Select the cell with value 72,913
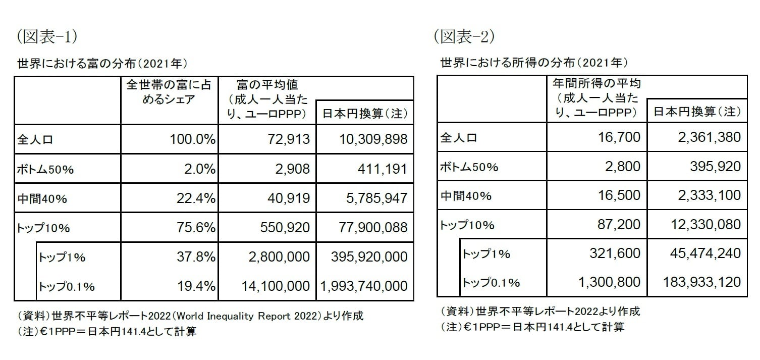point(287,139)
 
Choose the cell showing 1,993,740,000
point(364,286)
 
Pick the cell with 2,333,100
point(708,195)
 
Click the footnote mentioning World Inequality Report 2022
point(190,316)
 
